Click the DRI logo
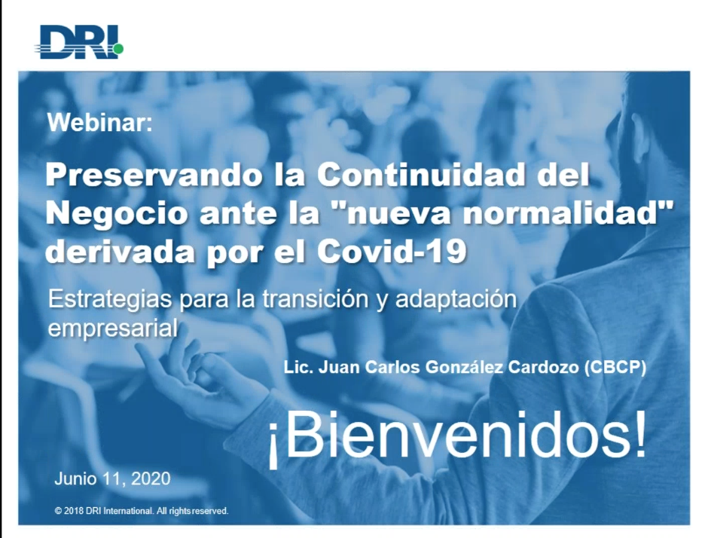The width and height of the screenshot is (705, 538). tap(79, 42)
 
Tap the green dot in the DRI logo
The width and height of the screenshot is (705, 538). tap(118, 48)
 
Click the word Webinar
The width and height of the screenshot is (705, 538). tap(100, 122)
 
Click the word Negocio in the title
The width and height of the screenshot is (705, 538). tap(116, 213)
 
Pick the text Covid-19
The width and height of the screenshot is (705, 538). tap(392, 252)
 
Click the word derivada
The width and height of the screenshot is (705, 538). tap(120, 252)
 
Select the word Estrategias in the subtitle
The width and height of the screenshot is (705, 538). tap(110, 300)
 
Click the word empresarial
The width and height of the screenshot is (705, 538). tap(113, 329)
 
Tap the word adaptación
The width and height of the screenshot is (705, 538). tap(456, 300)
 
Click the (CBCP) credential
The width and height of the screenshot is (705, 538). tap(615, 368)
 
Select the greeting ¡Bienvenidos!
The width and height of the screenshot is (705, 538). tap(458, 435)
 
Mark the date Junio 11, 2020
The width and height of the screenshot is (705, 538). tap(112, 478)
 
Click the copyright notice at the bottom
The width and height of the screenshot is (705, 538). tap(142, 511)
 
